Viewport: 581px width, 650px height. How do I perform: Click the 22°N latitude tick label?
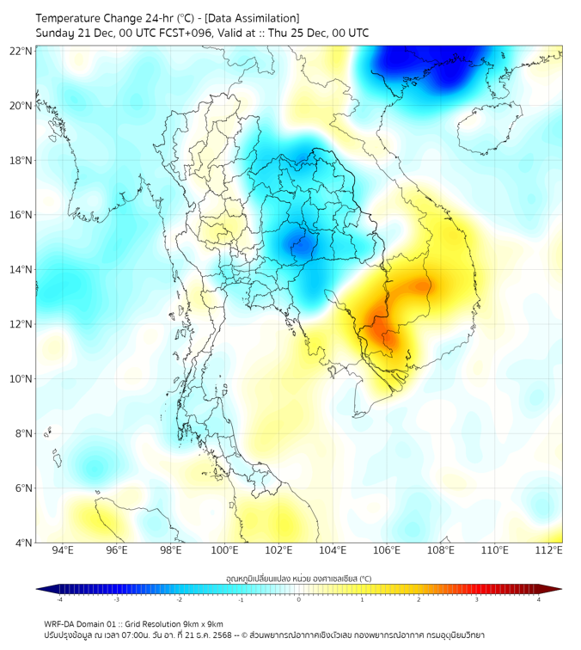[x=21, y=51]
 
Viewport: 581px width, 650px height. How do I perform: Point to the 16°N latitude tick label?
[x=21, y=215]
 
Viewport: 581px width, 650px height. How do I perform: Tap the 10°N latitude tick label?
[x=21, y=379]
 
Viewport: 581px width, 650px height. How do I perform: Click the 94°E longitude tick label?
[x=63, y=550]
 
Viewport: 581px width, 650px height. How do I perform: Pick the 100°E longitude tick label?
[x=224, y=550]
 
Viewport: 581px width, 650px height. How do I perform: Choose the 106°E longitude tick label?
[x=387, y=550]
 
